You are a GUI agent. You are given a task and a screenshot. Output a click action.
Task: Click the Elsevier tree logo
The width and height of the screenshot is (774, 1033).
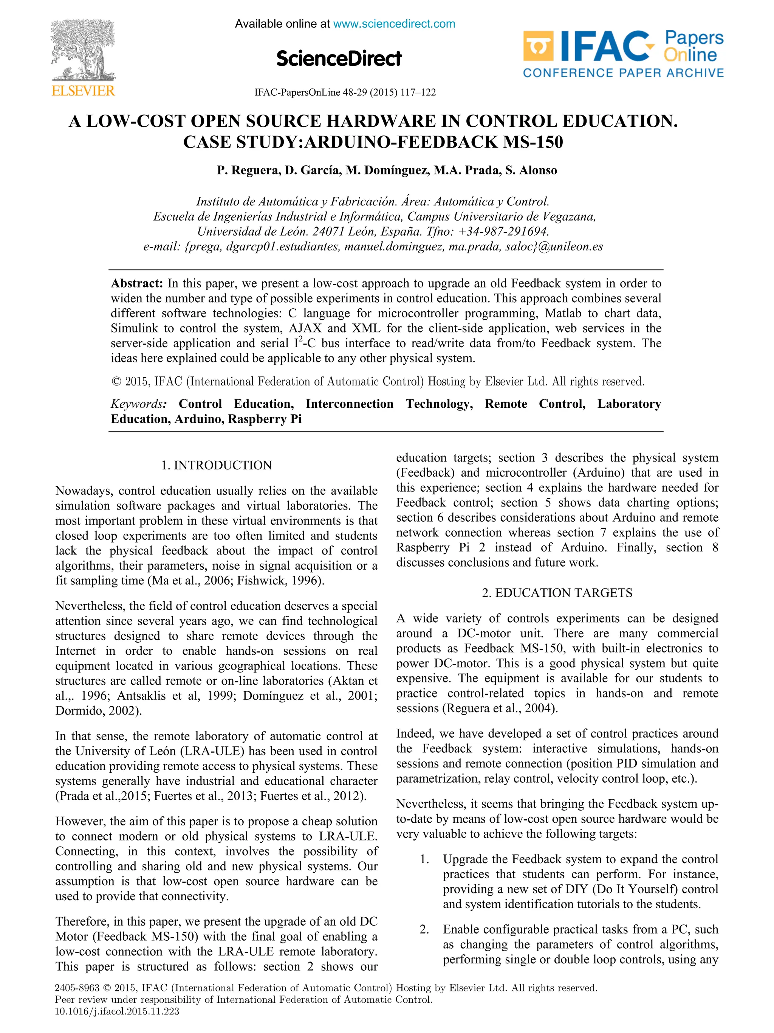pyautogui.click(x=83, y=50)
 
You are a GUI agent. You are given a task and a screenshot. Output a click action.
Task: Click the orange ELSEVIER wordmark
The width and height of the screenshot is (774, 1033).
pyautogui.click(x=83, y=91)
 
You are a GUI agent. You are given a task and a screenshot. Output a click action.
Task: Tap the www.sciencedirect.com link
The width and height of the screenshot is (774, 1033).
pyautogui.click(x=394, y=24)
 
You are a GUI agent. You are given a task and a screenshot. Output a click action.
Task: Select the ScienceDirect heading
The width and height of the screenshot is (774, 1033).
pyautogui.click(x=339, y=58)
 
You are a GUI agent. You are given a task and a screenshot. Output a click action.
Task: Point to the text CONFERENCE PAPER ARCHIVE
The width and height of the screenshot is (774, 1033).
pyautogui.click(x=623, y=73)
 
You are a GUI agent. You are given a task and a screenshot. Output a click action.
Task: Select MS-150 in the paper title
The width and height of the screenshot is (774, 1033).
pyautogui.click(x=533, y=141)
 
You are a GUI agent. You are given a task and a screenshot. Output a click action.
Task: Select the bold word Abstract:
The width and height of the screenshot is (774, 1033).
pyautogui.click(x=137, y=283)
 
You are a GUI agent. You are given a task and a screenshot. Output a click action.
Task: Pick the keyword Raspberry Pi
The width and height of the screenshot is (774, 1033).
pyautogui.click(x=265, y=419)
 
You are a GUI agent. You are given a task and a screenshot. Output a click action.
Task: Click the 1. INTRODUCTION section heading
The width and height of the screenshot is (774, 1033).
pyautogui.click(x=216, y=465)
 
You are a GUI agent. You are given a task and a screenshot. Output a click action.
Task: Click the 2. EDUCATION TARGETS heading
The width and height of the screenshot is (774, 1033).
pyautogui.click(x=557, y=593)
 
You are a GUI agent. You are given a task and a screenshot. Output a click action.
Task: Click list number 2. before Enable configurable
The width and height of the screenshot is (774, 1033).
pyautogui.click(x=424, y=929)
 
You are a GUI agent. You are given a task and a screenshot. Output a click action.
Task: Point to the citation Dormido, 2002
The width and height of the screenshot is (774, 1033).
pyautogui.click(x=97, y=711)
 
